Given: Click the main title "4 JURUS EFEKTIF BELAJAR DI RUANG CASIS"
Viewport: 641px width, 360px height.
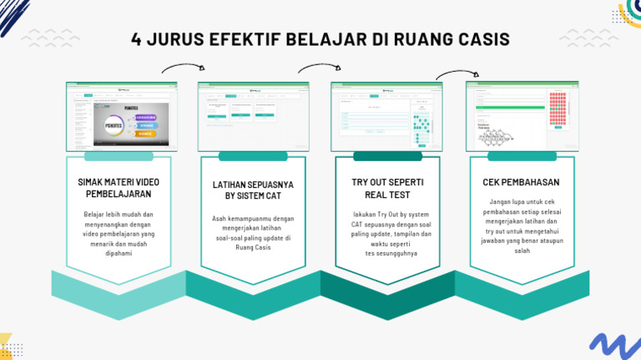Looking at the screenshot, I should point(320,41).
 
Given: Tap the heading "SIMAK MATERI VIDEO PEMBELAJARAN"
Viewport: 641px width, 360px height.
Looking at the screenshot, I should point(119,188).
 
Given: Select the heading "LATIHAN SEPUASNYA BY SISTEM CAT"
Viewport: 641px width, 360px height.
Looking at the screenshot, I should point(252,190).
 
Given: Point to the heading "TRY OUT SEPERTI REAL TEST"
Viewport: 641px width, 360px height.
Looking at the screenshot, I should point(387,188).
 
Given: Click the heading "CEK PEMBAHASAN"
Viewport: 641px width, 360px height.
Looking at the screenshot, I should point(521,182).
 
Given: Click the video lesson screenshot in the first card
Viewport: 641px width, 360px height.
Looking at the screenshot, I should point(118,116).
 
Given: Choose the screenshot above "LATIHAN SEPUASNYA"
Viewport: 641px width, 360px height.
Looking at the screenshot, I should point(253,116).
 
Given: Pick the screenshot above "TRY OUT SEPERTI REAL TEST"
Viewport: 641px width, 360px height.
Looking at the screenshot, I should point(386,116).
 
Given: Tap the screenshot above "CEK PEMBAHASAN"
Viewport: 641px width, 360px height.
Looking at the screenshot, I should point(522,116).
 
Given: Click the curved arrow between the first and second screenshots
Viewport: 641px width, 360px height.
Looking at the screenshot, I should point(183,68).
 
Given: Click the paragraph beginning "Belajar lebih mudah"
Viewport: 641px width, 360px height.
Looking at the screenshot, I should point(119,233).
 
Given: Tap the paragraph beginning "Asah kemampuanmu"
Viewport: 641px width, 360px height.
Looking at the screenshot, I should point(252,233).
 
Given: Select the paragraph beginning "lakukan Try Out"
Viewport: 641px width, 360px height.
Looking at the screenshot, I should point(387,233).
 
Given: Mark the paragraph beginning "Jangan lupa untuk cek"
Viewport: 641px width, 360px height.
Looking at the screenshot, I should point(522,226).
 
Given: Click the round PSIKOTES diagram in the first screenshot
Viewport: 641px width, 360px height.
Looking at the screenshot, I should point(115,125).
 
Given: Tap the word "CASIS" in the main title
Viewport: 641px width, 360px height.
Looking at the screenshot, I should point(481,41).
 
